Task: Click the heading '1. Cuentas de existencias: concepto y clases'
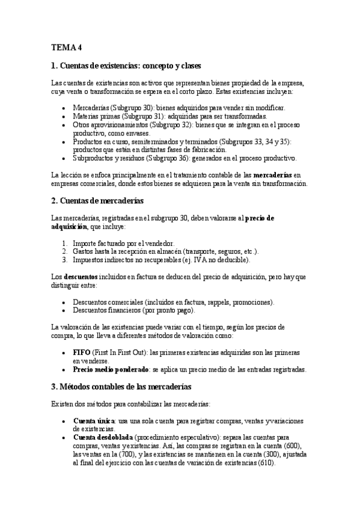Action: [x=126, y=65]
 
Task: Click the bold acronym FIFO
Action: [x=81, y=352]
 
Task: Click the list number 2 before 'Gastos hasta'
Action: [x=64, y=251]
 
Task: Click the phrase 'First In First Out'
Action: [x=120, y=352]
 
